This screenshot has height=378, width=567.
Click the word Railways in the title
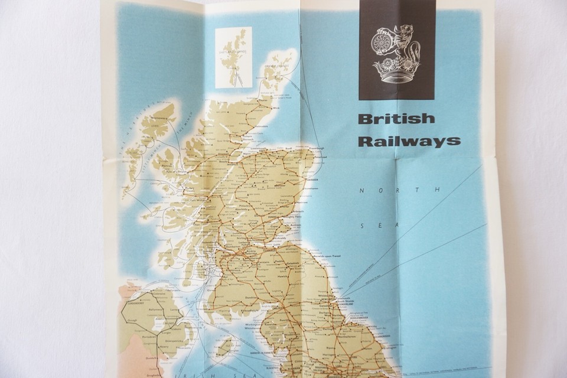[409, 141]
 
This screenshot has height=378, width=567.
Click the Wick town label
[276, 108]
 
